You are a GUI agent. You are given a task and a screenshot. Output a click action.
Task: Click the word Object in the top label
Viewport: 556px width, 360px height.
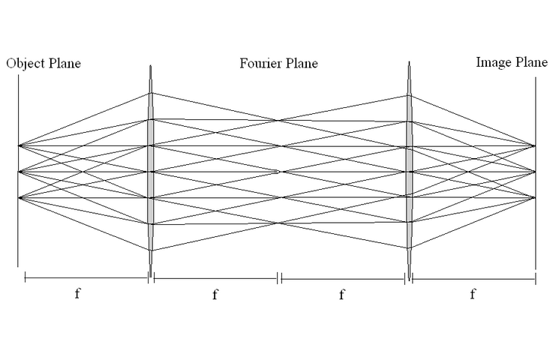point(24,64)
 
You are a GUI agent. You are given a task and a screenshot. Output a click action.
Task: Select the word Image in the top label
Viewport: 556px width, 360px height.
point(492,62)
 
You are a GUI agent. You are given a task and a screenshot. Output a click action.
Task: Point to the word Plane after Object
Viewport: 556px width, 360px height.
point(63,64)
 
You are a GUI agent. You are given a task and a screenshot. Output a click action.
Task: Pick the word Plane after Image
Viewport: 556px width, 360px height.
point(530,62)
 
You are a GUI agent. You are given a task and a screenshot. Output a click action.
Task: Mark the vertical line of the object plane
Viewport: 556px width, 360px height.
point(18,225)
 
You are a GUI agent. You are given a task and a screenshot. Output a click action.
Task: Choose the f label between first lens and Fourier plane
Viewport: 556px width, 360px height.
point(215,295)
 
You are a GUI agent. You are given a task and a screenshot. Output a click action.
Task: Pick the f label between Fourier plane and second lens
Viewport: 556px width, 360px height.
point(341,295)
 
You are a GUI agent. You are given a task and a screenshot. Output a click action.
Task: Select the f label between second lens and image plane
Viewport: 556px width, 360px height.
point(472,294)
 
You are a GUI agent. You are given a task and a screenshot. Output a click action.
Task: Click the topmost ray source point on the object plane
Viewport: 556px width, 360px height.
point(18,145)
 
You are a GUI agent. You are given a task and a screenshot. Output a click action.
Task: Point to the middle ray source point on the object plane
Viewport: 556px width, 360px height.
point(18,172)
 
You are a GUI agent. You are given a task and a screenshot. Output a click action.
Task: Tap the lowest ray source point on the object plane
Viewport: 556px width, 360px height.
point(18,198)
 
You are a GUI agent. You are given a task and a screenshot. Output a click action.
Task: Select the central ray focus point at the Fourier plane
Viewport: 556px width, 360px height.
point(280,172)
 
